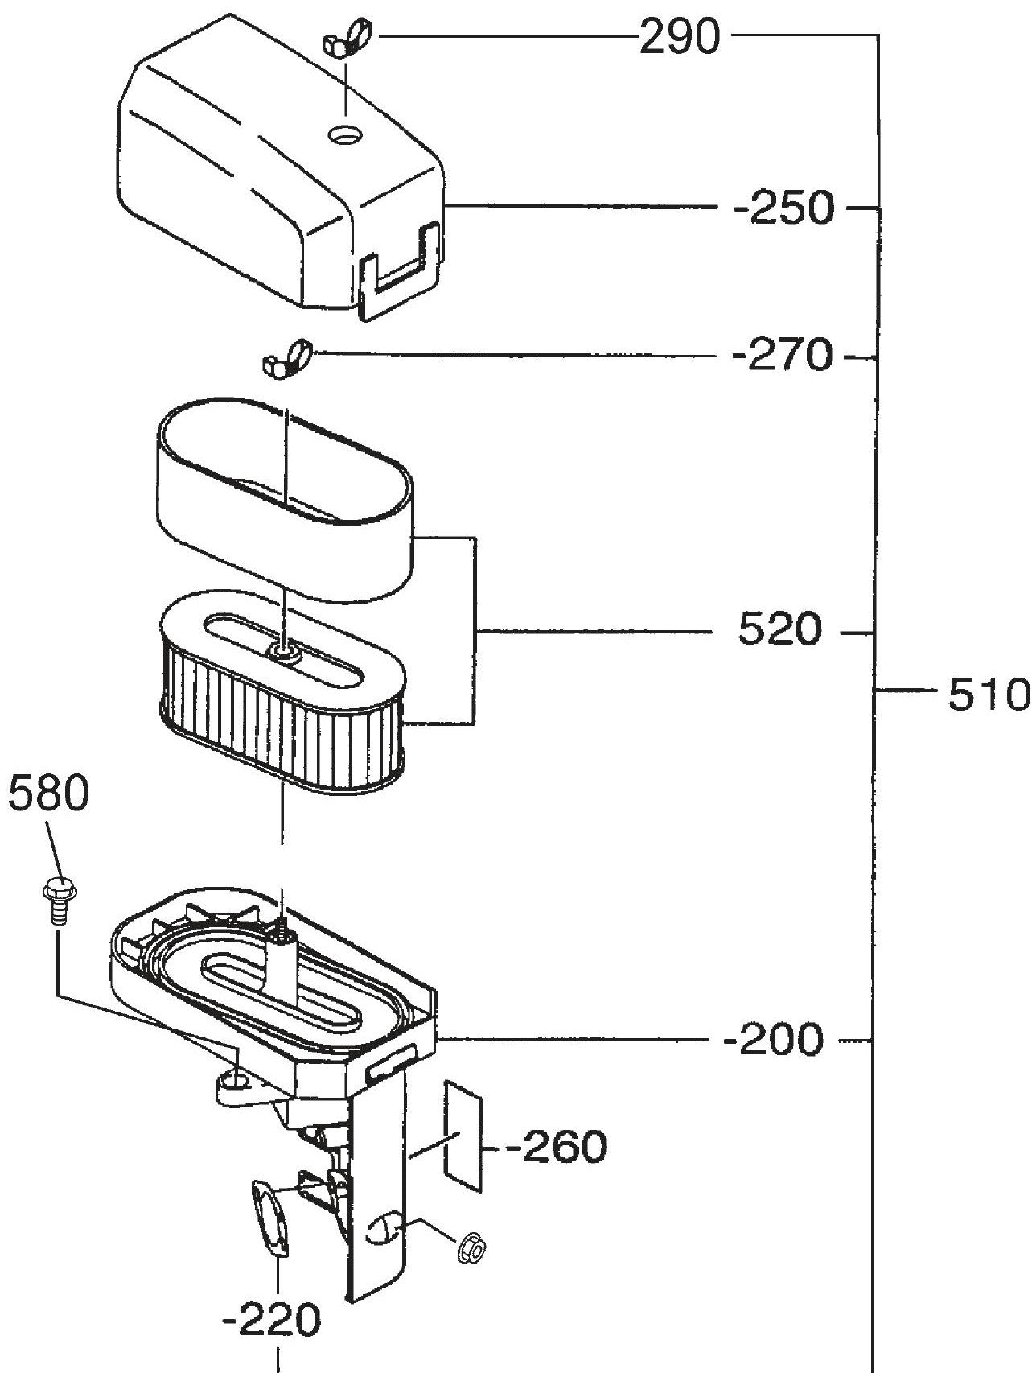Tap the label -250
point(784,209)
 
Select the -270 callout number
point(783,356)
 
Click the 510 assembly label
point(987,695)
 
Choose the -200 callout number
point(775,1041)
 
